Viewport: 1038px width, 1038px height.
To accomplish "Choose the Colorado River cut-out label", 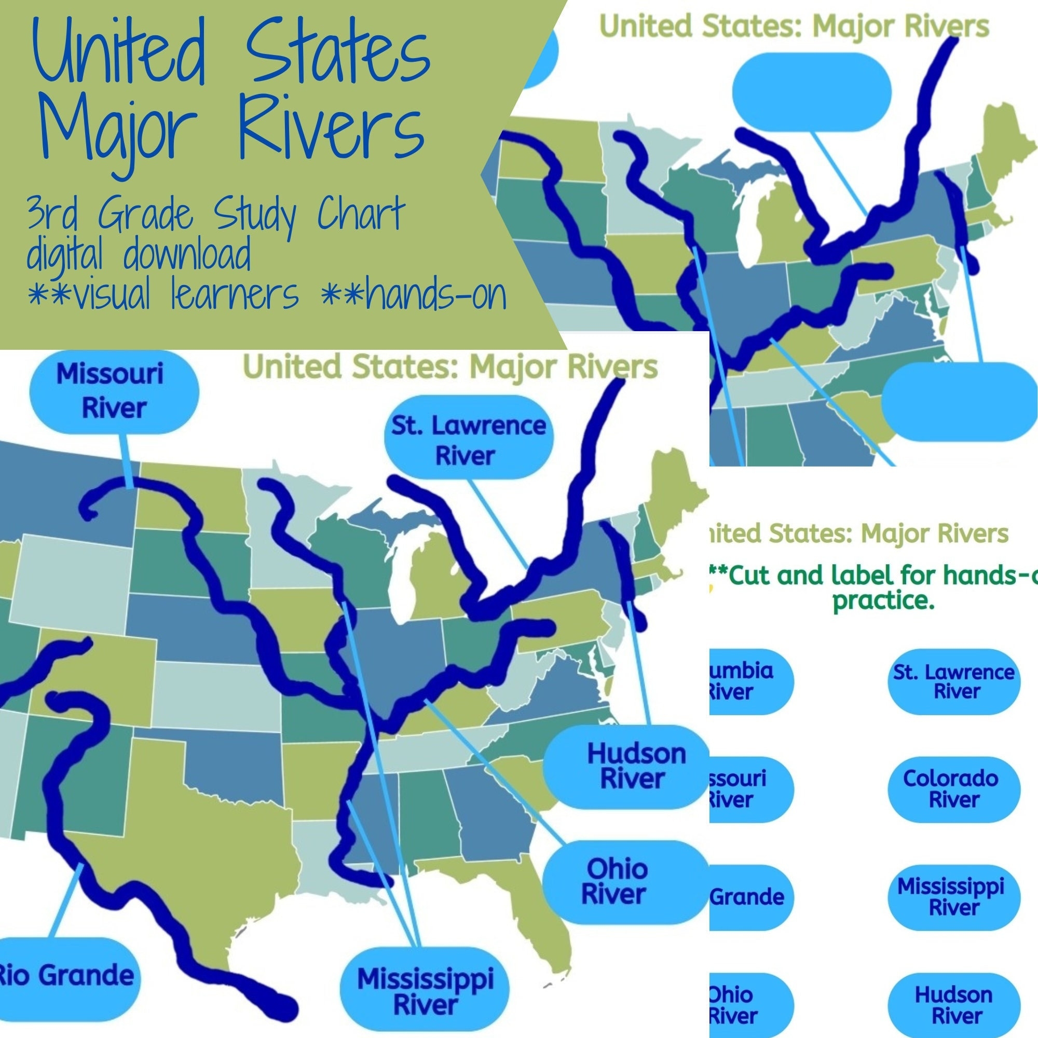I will [953, 789].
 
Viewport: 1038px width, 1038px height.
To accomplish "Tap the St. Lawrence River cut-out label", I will [953, 681].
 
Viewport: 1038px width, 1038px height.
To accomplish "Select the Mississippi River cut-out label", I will [953, 897].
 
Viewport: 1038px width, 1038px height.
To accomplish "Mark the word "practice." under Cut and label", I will [883, 600].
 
